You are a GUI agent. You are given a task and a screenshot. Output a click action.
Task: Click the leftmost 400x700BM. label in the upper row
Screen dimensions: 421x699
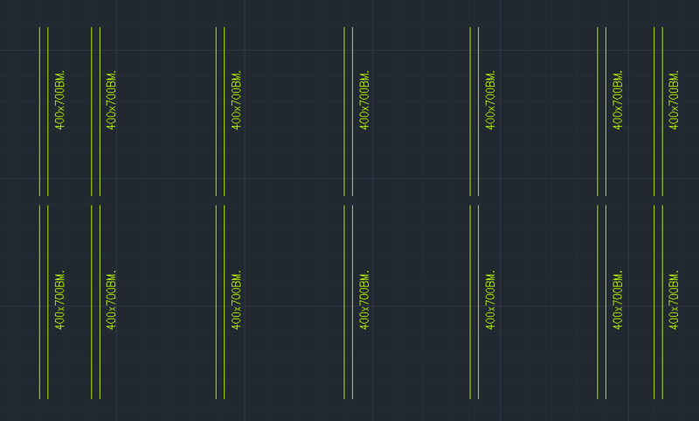click(x=60, y=100)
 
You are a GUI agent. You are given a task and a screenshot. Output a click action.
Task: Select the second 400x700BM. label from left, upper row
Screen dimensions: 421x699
click(x=112, y=100)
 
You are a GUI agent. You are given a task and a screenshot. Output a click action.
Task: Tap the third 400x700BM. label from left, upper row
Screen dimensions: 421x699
click(x=237, y=100)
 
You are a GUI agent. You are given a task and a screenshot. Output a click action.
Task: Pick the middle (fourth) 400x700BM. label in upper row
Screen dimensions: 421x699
click(x=365, y=100)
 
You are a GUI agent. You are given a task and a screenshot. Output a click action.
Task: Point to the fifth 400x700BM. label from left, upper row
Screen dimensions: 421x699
click(x=491, y=100)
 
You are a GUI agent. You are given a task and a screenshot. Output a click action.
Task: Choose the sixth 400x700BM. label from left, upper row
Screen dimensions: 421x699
click(x=619, y=100)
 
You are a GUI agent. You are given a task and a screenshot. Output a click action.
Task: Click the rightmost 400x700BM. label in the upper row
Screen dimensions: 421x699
click(x=675, y=100)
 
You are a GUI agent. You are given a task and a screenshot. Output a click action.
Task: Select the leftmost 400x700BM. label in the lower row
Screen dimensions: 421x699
click(x=60, y=300)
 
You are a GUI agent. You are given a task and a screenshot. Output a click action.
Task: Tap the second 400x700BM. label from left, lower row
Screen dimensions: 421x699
click(x=112, y=300)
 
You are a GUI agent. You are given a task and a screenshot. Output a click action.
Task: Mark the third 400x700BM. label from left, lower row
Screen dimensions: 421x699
click(x=237, y=300)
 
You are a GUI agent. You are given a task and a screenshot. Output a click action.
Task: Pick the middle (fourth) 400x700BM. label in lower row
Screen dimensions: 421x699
click(x=365, y=300)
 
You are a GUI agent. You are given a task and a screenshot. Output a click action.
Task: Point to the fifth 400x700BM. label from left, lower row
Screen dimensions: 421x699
click(x=491, y=300)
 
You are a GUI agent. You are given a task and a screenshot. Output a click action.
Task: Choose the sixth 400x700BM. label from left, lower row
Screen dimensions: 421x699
click(x=619, y=300)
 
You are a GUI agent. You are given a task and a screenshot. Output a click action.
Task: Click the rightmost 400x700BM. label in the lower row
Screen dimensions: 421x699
click(x=675, y=300)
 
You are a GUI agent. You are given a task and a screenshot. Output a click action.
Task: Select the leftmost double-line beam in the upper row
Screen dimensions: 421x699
click(x=44, y=158)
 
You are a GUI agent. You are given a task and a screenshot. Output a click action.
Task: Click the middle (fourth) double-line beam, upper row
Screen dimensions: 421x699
click(x=349, y=158)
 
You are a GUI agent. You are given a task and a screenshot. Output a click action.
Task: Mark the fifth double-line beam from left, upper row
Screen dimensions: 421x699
click(x=474, y=158)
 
